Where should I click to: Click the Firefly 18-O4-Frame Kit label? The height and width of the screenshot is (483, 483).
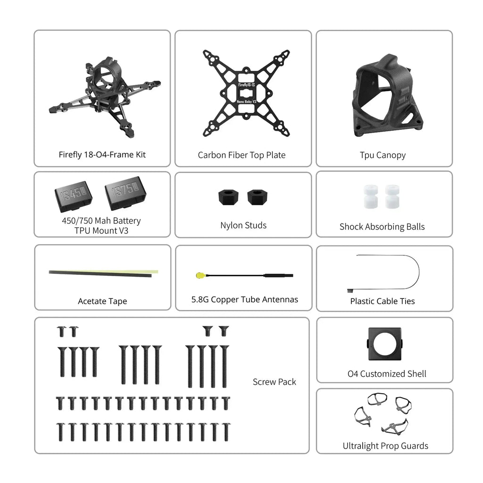[x=102, y=154]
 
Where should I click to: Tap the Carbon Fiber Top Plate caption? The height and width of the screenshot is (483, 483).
[x=241, y=155]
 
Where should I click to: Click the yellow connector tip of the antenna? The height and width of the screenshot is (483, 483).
[x=200, y=275]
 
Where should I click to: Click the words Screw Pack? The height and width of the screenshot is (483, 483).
[x=275, y=381]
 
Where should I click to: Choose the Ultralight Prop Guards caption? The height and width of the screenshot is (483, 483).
[x=385, y=446]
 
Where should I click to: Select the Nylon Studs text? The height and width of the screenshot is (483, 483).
[x=243, y=225]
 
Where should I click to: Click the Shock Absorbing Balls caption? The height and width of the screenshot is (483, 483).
[x=382, y=227]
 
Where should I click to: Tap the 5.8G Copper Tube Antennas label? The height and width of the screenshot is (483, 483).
[x=245, y=299]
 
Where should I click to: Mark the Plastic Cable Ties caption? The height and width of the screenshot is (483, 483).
[x=383, y=301]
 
